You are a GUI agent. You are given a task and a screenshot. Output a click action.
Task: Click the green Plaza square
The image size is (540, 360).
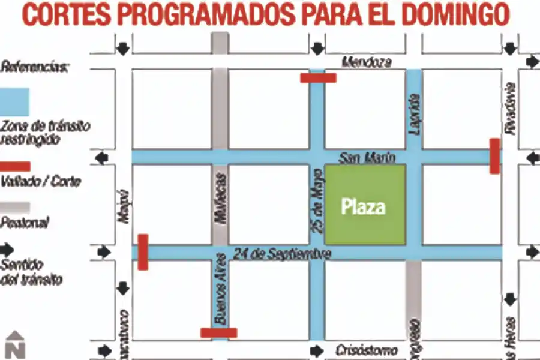(365, 204)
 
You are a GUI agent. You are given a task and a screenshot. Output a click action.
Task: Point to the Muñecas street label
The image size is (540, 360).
(220, 198)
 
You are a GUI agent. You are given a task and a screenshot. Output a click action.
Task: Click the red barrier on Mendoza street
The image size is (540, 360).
(318, 77)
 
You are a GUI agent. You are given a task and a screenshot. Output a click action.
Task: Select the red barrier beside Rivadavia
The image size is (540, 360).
(494, 156)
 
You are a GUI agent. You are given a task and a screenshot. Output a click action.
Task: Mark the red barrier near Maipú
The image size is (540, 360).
(143, 252)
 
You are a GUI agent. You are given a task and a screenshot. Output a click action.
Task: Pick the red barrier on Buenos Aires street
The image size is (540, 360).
(218, 332)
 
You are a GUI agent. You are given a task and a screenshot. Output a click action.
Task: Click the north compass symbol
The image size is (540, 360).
(14, 345)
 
